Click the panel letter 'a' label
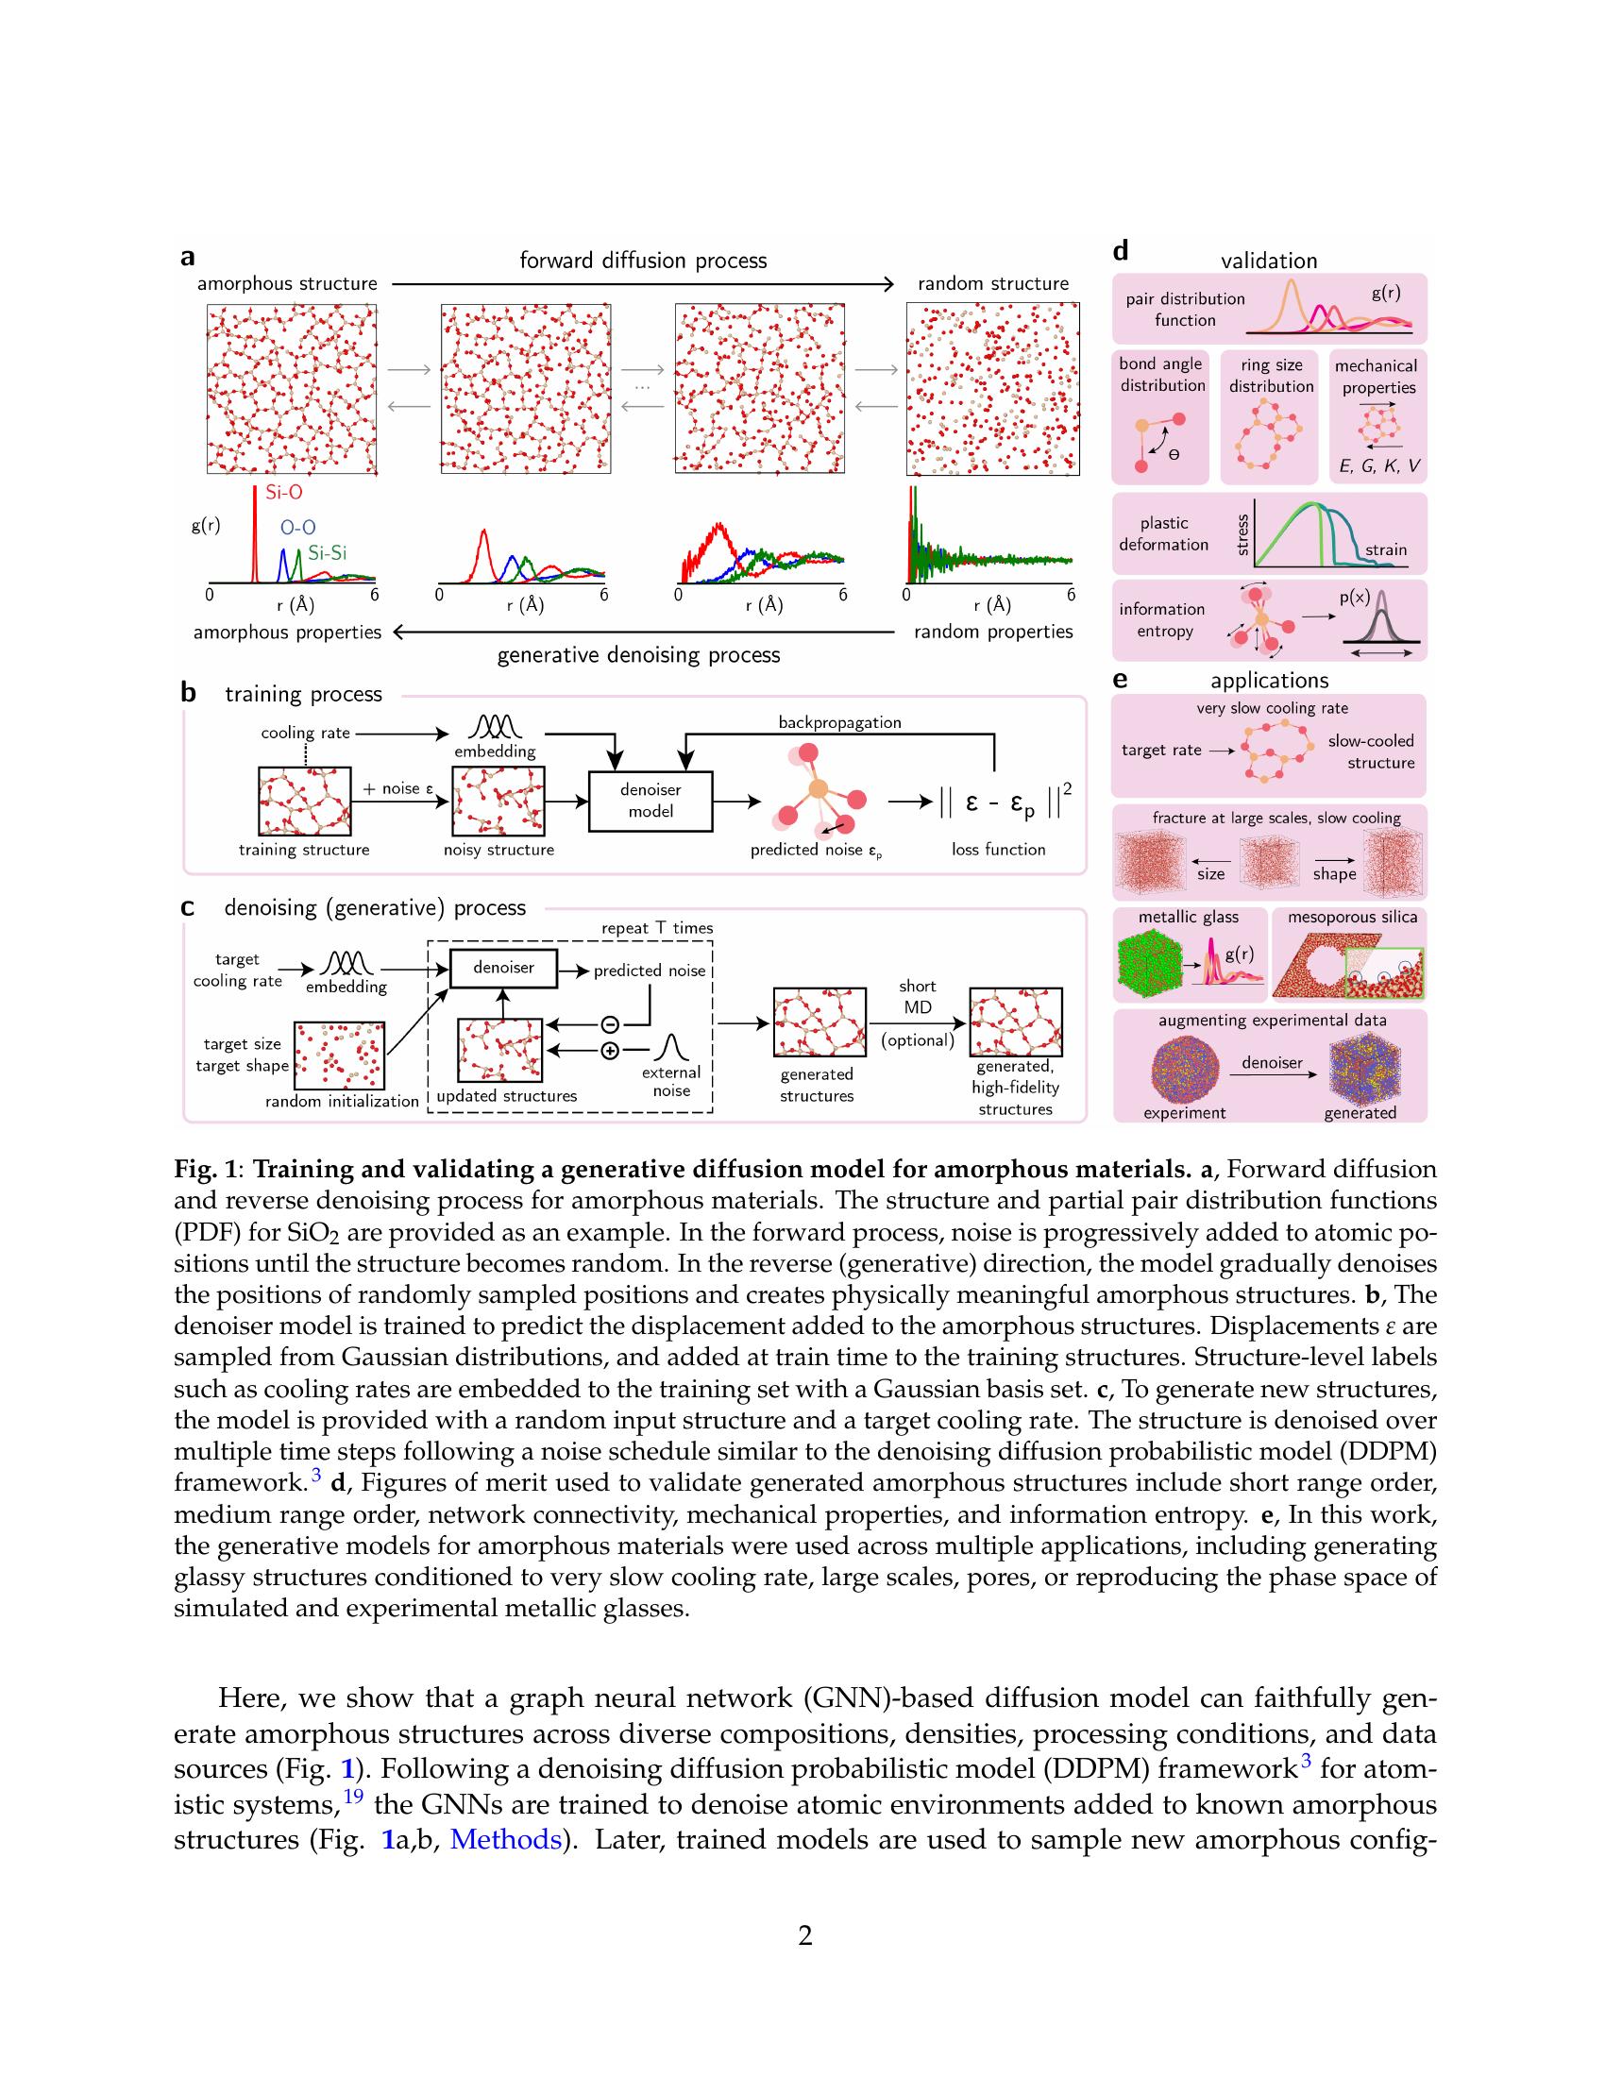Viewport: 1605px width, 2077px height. point(187,257)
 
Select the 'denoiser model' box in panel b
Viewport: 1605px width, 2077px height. point(650,800)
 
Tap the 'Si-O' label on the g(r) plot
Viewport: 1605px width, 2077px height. point(283,493)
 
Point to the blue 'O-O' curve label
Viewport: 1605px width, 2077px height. point(297,528)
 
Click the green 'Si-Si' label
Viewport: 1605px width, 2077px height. point(327,552)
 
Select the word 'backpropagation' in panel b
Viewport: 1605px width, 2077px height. point(839,723)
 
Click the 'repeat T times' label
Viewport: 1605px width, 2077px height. point(657,928)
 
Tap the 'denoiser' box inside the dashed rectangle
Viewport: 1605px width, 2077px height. point(503,967)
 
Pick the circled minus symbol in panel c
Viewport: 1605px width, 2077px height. point(611,1024)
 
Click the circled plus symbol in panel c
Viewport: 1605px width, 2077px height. point(611,1051)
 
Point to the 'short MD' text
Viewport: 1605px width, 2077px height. point(918,997)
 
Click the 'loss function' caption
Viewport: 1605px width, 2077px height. point(998,850)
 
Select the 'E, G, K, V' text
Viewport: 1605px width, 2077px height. point(1378,467)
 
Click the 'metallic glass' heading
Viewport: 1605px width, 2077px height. point(1189,917)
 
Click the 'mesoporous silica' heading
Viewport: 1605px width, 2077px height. point(1352,917)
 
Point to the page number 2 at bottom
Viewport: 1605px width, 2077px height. point(804,1935)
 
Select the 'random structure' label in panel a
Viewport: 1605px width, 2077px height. point(992,283)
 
